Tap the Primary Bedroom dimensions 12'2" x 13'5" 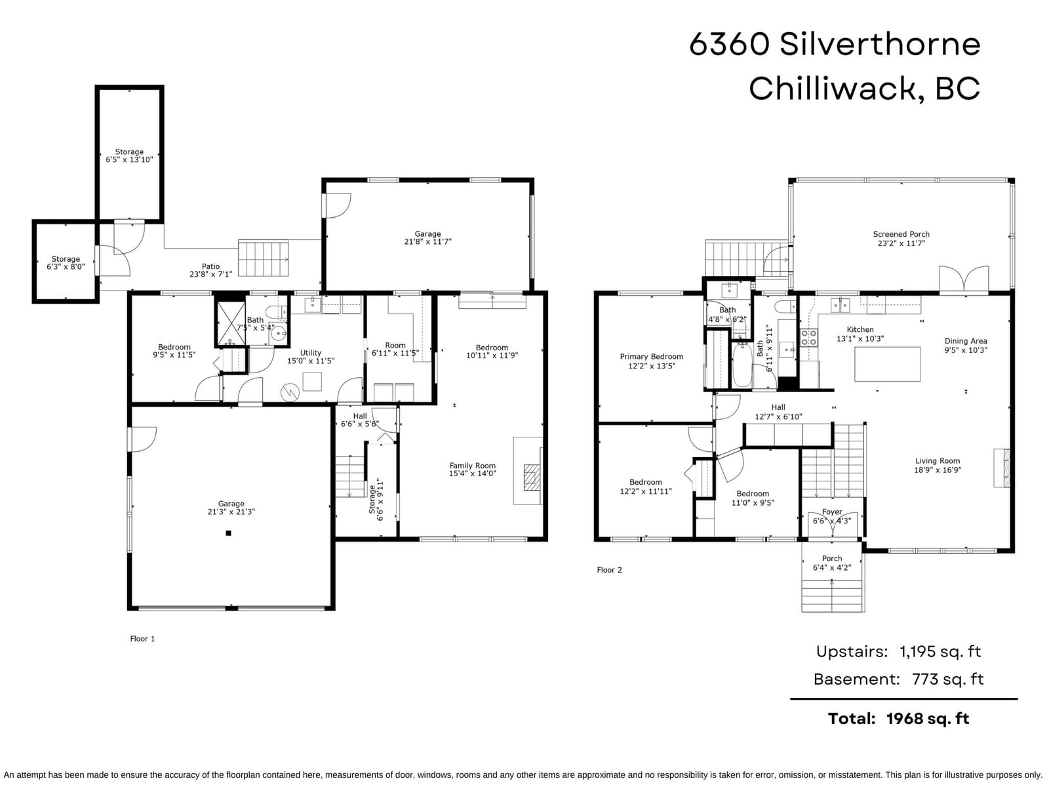tap(652, 366)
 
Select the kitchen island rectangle tap(887, 364)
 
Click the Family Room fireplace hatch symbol tap(532, 477)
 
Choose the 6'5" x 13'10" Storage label tap(129, 156)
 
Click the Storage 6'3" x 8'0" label tap(66, 263)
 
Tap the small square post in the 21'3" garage tap(228, 533)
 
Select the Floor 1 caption tap(142, 638)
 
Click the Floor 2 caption tap(609, 569)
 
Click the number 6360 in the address tap(729, 44)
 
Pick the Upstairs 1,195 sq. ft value tap(940, 651)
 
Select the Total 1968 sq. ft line tap(898, 719)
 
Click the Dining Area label tap(965, 346)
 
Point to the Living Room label tap(937, 465)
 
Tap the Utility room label tap(310, 357)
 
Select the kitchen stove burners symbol tap(809, 337)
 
